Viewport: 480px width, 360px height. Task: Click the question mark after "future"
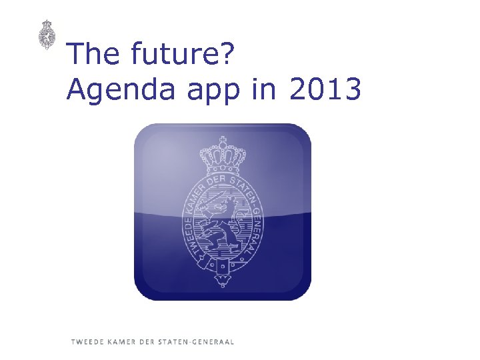pyautogui.click(x=225, y=54)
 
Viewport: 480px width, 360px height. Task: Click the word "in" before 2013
pyautogui.click(x=265, y=89)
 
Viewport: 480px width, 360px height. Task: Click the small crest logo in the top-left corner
pyautogui.click(x=46, y=34)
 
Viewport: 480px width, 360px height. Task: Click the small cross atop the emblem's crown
pyautogui.click(x=222, y=140)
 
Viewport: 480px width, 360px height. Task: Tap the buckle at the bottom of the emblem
pyautogui.click(x=222, y=266)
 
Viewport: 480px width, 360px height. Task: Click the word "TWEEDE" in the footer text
pyautogui.click(x=87, y=342)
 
